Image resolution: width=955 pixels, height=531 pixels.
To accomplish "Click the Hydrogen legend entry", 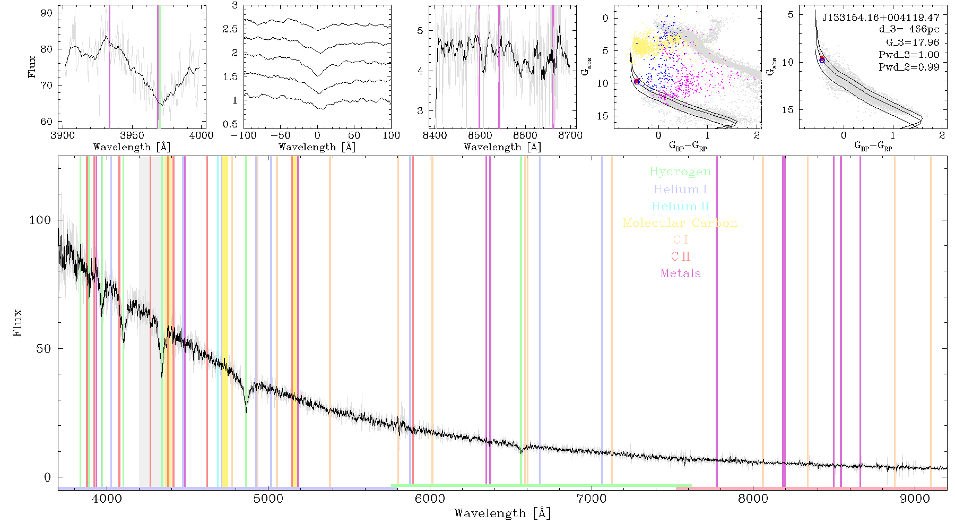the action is [x=680, y=172].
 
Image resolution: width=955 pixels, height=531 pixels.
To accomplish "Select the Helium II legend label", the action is [x=680, y=206].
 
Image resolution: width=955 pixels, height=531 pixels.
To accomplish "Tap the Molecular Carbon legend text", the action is [x=680, y=223].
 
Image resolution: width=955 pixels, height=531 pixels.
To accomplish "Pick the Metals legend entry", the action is [x=680, y=273].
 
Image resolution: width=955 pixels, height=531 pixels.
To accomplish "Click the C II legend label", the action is [x=680, y=256].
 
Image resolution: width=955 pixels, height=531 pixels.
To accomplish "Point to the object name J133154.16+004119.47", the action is [x=881, y=18].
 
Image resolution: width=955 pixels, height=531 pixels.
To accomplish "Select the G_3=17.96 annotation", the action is [x=913, y=42].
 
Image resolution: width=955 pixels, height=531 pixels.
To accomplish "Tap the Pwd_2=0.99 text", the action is [x=909, y=67].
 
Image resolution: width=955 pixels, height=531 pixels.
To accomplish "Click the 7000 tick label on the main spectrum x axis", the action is [x=591, y=499].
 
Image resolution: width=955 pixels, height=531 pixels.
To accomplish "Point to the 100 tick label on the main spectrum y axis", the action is [x=40, y=220].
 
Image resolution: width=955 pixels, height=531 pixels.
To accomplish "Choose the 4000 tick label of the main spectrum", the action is [x=107, y=499].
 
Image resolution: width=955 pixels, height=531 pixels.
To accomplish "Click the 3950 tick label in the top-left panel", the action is [x=132, y=135].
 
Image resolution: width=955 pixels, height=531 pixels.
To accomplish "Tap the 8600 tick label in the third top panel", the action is [x=525, y=135].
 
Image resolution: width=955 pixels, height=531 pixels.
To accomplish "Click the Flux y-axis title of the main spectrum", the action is [x=18, y=323].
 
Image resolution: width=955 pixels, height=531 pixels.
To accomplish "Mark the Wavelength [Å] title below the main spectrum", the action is [x=502, y=513].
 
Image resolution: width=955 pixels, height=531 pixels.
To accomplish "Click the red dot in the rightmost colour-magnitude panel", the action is [x=822, y=59].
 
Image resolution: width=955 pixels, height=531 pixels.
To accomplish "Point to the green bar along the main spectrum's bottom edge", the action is [x=541, y=485].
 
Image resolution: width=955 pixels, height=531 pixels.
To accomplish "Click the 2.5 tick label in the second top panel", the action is [x=230, y=29].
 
